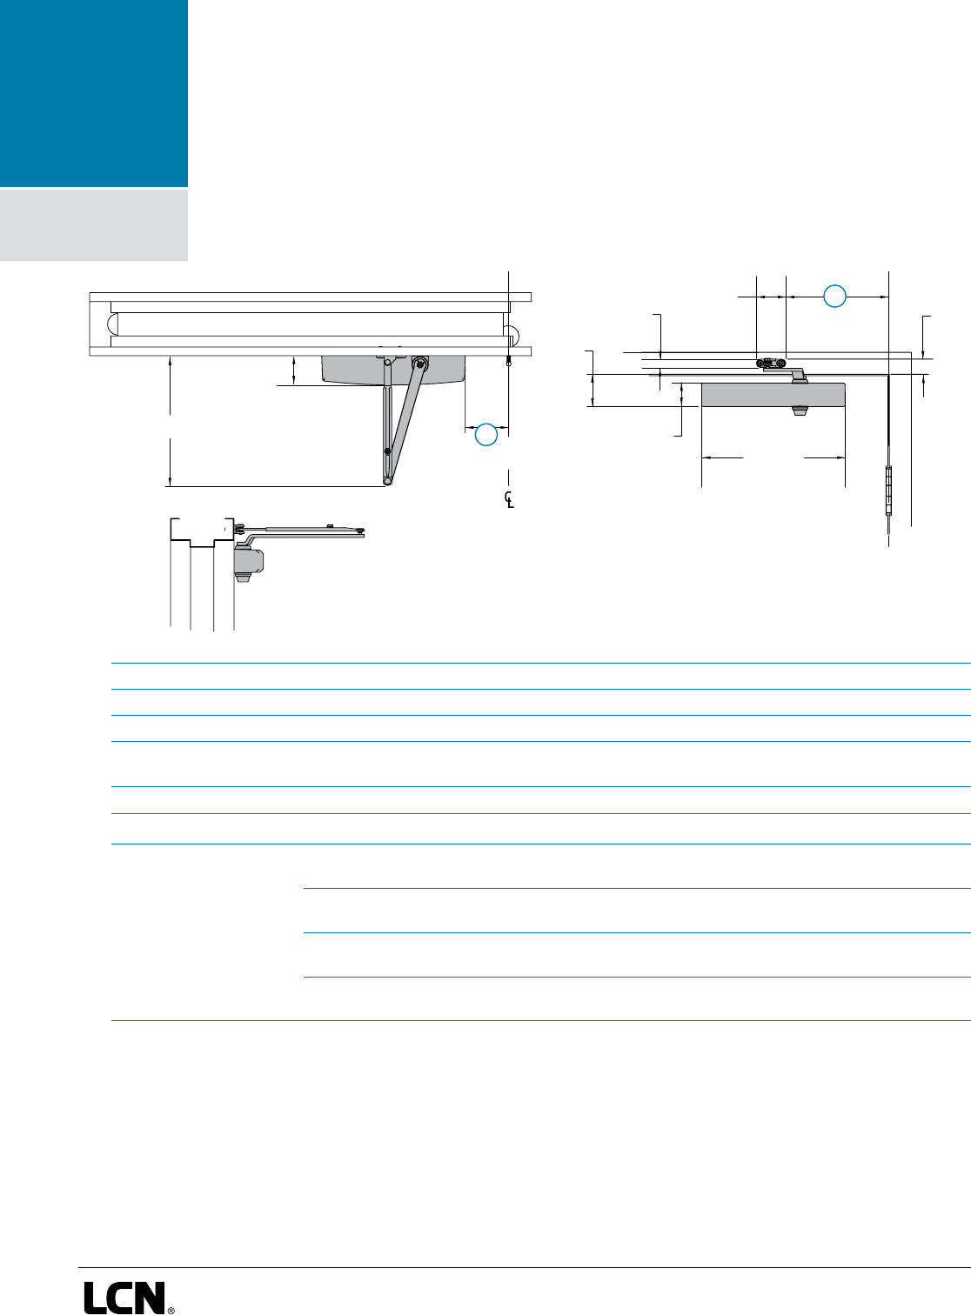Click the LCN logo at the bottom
[124, 1297]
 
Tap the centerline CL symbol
[509, 499]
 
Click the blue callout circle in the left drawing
[486, 435]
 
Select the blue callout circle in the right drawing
[834, 296]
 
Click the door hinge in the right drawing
[888, 491]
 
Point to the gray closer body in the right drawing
[773, 395]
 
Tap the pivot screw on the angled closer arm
[420, 365]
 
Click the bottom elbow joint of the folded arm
[387, 481]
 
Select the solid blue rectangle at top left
[93, 92]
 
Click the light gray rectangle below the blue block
[93, 224]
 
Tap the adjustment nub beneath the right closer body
[798, 411]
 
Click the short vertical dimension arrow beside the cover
[294, 369]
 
